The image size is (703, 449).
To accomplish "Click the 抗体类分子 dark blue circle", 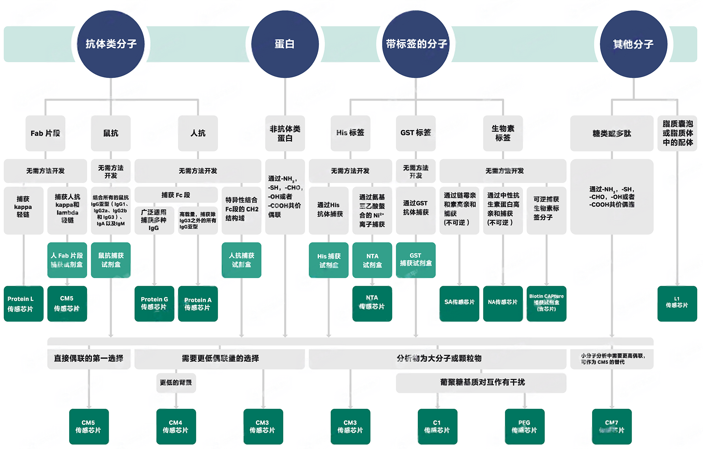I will pyautogui.click(x=111, y=44).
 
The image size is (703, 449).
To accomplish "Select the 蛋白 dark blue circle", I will pyautogui.click(x=285, y=44).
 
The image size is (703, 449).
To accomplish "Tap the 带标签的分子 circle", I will pyautogui.click(x=416, y=44).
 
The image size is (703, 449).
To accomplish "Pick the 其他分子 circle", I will pyautogui.click(x=633, y=44).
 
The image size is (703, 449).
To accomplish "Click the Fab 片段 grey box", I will pyautogui.click(x=45, y=133).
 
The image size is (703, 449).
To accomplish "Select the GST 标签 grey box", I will pyautogui.click(x=416, y=133).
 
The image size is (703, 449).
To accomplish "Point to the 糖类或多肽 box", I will pyautogui.click(x=611, y=133).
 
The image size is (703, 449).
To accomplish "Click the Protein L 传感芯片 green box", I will pyautogui.click(x=23, y=304).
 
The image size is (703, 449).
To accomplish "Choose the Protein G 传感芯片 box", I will pyautogui.click(x=154, y=304).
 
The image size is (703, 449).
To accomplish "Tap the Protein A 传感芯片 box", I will pyautogui.click(x=198, y=304).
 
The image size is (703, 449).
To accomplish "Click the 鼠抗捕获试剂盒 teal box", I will pyautogui.click(x=111, y=260).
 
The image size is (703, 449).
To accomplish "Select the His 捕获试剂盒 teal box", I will pyautogui.click(x=328, y=260).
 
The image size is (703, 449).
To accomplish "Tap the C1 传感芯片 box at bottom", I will pyautogui.click(x=437, y=426).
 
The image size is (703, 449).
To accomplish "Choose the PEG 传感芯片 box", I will pyautogui.click(x=524, y=426).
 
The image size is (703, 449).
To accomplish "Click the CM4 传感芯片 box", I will pyautogui.click(x=176, y=426).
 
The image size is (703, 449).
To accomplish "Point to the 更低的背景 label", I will pyautogui.click(x=176, y=383).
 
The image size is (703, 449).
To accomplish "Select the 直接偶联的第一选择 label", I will pyautogui.click(x=89, y=359).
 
